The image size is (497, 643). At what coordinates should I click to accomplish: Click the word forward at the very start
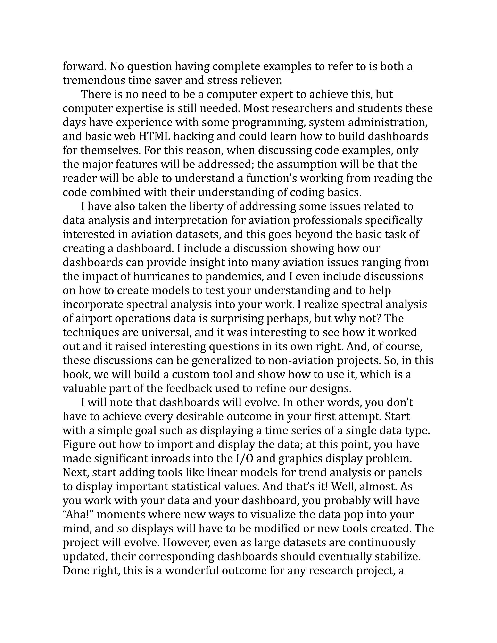[x=84, y=66]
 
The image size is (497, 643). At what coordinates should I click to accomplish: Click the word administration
[x=389, y=123]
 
